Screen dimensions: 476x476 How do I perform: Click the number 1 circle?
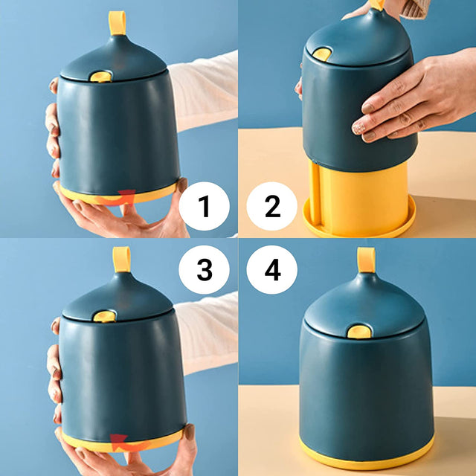point(204,206)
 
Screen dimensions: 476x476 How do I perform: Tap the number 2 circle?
point(271,206)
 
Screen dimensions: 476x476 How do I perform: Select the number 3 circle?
point(204,269)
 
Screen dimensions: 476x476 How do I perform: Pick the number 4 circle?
point(271,269)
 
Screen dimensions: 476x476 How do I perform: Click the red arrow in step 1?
point(118,199)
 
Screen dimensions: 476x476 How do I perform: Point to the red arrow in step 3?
point(129,443)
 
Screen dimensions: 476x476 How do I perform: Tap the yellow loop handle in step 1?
point(118,23)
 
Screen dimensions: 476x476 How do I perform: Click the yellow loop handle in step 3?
point(121,260)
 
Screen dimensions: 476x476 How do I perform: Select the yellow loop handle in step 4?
point(366,260)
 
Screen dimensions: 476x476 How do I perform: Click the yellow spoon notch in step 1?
point(101,77)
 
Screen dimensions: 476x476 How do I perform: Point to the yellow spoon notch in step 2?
point(322,54)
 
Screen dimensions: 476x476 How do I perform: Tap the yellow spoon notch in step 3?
point(104,316)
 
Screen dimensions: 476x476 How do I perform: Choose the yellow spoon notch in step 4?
point(359,332)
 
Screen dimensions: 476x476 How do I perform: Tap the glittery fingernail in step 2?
point(358,129)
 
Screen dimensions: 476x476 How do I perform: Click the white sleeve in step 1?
point(203,91)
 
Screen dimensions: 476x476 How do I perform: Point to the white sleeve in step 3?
point(206,332)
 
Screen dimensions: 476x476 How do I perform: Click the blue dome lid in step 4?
point(364,306)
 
